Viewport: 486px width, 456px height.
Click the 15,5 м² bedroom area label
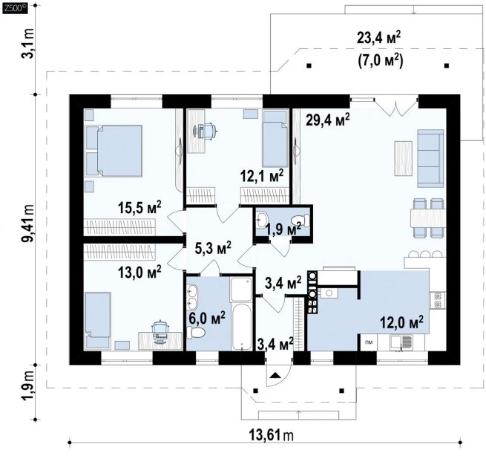click(139, 207)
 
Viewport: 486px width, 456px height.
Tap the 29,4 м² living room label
click(328, 120)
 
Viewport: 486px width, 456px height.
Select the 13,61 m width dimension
click(272, 435)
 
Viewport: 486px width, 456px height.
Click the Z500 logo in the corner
click(15, 8)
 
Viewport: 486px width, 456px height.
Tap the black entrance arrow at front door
click(275, 376)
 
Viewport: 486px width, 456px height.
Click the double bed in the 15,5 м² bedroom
click(114, 151)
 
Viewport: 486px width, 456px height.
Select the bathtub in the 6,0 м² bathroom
click(241, 328)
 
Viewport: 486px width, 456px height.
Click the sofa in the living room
click(430, 158)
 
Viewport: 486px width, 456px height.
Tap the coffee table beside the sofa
click(403, 158)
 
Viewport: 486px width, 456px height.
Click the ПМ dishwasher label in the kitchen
click(369, 342)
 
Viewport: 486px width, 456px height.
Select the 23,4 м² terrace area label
click(378, 38)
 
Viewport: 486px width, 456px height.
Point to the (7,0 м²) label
click(381, 61)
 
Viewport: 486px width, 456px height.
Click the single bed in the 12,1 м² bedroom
click(275, 139)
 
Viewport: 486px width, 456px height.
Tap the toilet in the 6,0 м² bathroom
click(196, 333)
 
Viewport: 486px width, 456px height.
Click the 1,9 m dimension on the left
click(28, 392)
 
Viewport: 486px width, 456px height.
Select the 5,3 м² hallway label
click(213, 248)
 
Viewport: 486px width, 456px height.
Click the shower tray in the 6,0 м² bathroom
click(241, 290)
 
